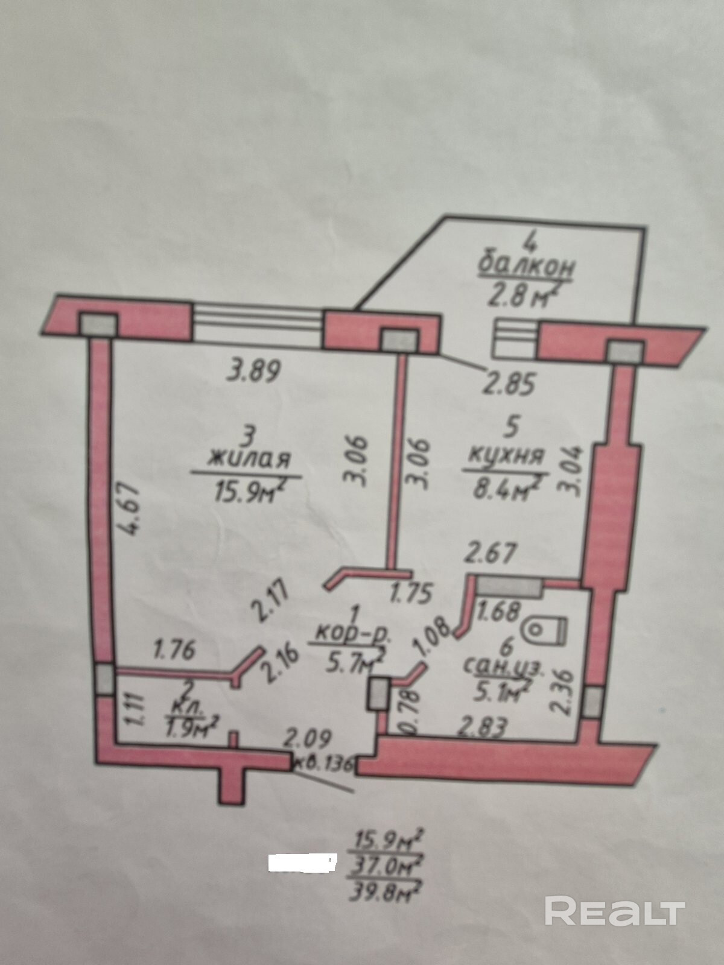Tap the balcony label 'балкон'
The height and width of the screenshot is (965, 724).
pos(525,268)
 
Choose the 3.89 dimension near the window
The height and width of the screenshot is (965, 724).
pos(254,370)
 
